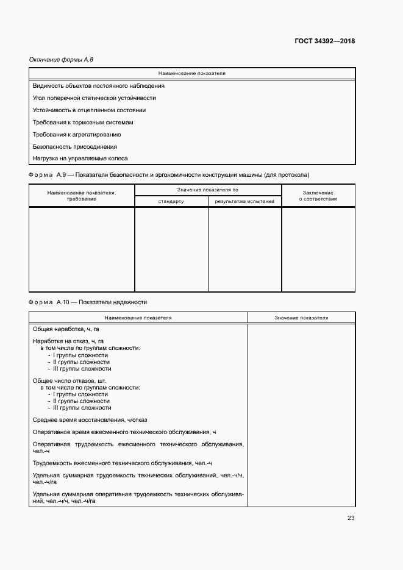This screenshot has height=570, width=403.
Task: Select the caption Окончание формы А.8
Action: point(61,59)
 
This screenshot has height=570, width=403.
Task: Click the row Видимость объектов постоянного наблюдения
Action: point(98,86)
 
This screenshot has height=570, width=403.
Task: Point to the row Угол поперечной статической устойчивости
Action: point(95,98)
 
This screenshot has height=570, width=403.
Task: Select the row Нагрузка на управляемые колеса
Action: point(80,159)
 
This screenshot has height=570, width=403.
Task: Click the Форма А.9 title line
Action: point(169,176)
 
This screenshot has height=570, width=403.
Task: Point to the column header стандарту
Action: point(171,201)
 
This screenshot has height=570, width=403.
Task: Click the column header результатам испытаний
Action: point(244,201)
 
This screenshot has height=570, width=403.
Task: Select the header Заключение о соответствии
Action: point(318,196)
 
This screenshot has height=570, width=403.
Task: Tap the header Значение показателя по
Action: point(208,190)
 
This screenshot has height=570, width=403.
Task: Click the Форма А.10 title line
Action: point(88,302)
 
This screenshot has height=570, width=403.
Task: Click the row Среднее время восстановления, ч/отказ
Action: point(90,419)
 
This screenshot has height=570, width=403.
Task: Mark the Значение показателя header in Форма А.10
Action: point(301,318)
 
